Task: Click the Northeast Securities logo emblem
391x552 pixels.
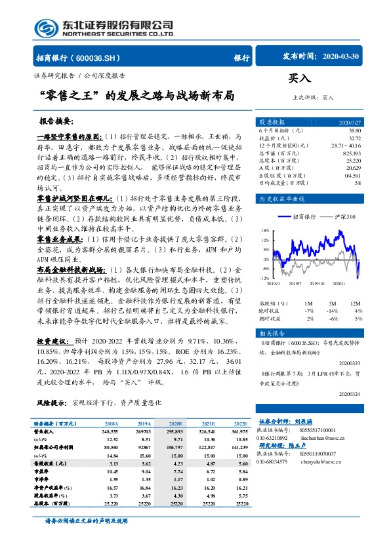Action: [x=47, y=28]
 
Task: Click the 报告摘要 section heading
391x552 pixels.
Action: [x=56, y=122]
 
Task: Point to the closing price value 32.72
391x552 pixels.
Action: [x=354, y=138]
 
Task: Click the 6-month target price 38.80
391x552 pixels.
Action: [x=354, y=131]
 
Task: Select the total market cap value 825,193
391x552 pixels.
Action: [x=352, y=152]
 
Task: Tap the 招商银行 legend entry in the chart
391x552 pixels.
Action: [x=304, y=216]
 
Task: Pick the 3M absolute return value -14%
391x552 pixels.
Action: [x=333, y=311]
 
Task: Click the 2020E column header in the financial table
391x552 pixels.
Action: [x=176, y=425]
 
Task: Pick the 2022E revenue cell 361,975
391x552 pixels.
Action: [x=239, y=433]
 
